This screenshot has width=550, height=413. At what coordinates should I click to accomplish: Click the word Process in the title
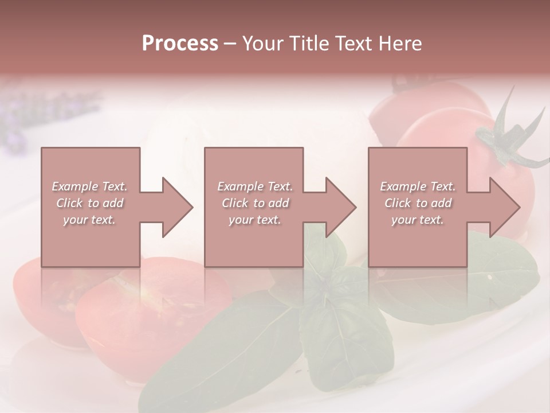[180, 43]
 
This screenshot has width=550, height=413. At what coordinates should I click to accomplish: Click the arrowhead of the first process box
[178, 207]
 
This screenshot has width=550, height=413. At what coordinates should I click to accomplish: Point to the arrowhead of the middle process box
[341, 207]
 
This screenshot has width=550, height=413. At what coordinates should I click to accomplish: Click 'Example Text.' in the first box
[90, 186]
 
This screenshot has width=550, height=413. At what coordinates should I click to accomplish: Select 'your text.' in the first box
[90, 220]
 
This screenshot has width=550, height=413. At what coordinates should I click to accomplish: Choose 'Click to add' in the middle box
[255, 203]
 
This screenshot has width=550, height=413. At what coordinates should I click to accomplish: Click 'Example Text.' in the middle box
[255, 186]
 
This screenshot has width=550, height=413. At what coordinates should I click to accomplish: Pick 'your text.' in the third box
[418, 220]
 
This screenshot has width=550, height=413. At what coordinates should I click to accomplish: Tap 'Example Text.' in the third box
[418, 186]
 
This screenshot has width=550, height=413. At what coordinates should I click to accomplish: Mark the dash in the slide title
[230, 44]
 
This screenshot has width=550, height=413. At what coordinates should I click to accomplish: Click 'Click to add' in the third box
[418, 203]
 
